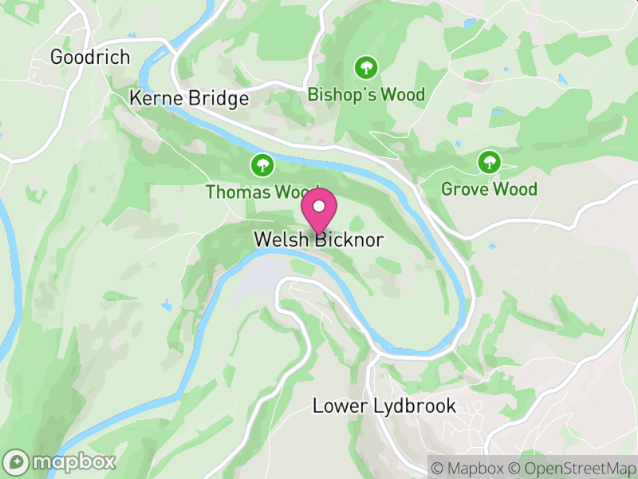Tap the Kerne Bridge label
tap(189, 98)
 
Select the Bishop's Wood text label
tap(366, 95)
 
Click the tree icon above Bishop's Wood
tap(366, 66)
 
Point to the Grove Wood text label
tap(489, 189)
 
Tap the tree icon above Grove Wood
tap(489, 163)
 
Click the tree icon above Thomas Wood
tap(262, 165)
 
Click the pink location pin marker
tap(319, 212)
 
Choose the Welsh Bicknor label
tap(319, 239)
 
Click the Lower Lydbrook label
tap(384, 406)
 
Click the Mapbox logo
tap(61, 461)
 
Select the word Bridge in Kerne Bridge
tap(219, 98)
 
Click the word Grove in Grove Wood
tap(465, 189)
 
